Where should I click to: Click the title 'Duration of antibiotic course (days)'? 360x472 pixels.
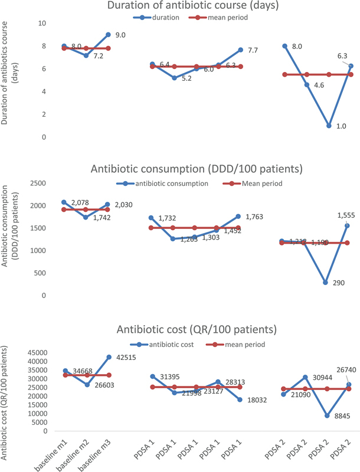coord(189,6)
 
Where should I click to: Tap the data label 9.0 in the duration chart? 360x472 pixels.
coord(120,35)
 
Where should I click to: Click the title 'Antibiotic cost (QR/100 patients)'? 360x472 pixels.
coord(197,329)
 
